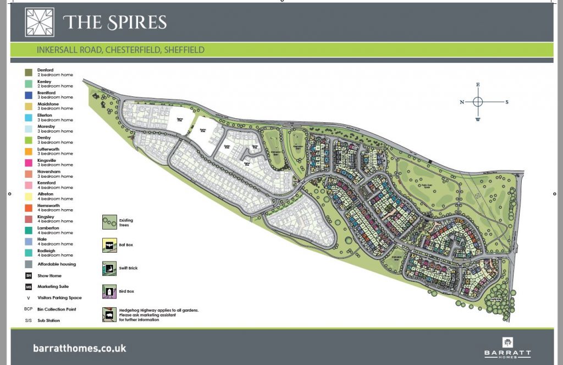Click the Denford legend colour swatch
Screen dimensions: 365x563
click(27, 72)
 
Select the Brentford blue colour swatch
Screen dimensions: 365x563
click(27, 95)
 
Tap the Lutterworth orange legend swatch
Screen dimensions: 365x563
click(27, 151)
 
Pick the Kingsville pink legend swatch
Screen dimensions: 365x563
click(27, 162)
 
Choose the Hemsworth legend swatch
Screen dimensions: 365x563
click(27, 208)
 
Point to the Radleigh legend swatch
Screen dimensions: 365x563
click(27, 253)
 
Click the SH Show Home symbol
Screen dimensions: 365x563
click(27, 275)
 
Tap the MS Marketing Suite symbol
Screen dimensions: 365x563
click(27, 286)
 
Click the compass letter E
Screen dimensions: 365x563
click(478, 84)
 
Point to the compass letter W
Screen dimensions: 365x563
click(478, 119)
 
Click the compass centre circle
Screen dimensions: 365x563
click(478, 102)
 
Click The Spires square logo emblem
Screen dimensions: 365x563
click(40, 22)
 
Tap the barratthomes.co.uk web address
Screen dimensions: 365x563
click(80, 348)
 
